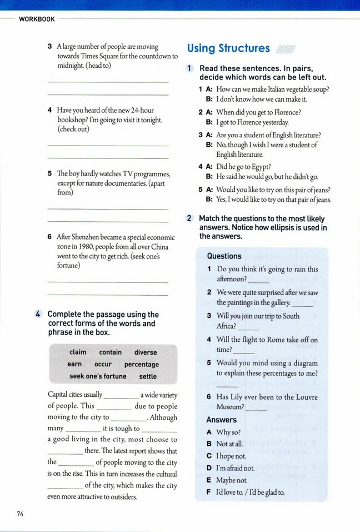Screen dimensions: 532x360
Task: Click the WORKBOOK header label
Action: pyautogui.click(x=37, y=19)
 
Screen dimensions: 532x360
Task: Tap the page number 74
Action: pyautogui.click(x=21, y=514)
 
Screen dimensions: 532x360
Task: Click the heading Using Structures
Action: pyautogui.click(x=228, y=48)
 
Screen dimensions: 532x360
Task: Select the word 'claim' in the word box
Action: pyautogui.click(x=78, y=352)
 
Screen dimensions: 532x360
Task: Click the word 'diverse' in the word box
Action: pyautogui.click(x=146, y=352)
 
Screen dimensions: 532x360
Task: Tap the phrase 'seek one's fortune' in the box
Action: pyautogui.click(x=98, y=376)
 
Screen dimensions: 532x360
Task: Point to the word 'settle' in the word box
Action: pyautogui.click(x=148, y=376)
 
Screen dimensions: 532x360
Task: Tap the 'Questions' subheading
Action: pyautogui.click(x=224, y=256)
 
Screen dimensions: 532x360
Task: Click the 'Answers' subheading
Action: pyautogui.click(x=221, y=420)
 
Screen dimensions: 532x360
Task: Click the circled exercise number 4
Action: pyautogui.click(x=38, y=315)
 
